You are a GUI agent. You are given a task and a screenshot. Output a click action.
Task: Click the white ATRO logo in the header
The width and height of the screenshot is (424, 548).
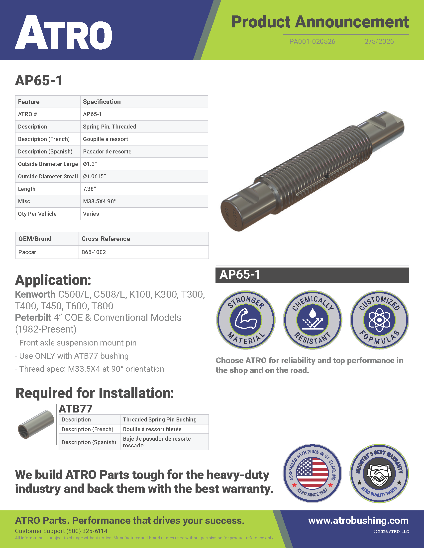pos(63,33)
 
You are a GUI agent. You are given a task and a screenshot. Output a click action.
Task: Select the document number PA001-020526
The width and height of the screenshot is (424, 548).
pos(312,42)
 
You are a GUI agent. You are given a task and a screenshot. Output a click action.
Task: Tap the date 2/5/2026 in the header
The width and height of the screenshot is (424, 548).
pos(379,42)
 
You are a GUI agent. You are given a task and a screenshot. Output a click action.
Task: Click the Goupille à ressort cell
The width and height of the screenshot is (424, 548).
pos(106,139)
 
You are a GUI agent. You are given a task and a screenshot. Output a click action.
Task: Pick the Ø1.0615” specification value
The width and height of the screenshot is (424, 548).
pos(95,176)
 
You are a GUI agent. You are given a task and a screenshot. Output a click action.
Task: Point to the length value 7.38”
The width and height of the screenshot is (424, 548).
pos(90,189)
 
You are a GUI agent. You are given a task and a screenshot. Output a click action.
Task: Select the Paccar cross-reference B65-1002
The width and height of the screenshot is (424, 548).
pos(94,252)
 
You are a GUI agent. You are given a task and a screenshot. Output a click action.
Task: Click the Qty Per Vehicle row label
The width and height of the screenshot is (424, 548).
pos(37,214)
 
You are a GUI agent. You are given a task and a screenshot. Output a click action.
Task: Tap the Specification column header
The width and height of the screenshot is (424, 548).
pos(102,102)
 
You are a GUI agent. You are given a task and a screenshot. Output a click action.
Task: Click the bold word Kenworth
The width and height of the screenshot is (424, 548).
pos(35,294)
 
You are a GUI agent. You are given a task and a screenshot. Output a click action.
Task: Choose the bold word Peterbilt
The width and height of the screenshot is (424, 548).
pos(33,318)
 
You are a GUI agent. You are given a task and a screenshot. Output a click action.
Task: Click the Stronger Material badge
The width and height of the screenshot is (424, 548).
pos(246,320)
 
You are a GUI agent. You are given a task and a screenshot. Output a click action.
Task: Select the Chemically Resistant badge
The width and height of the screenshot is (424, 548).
pos(313,320)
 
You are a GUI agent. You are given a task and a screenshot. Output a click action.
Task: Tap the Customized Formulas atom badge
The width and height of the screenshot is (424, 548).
pos(379,320)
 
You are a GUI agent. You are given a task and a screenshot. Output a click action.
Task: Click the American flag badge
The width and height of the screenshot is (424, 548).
pos(312,473)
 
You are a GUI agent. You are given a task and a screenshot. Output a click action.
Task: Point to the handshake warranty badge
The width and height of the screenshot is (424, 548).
pos(379,473)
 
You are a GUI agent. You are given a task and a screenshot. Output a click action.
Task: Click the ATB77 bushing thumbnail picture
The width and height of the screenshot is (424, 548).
pos(36,424)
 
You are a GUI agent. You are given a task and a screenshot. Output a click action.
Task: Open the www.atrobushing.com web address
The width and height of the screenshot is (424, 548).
pos(358,520)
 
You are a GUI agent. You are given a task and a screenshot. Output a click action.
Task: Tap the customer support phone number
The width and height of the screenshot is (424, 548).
pos(87,531)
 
